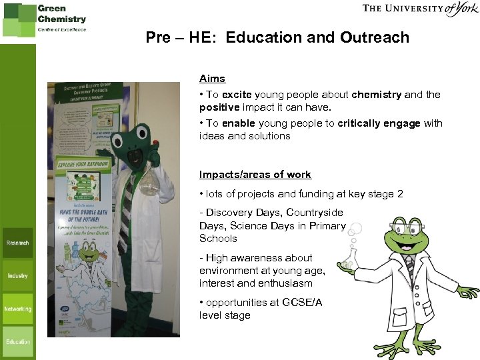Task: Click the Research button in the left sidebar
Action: [x=18, y=243]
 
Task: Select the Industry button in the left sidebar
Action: [x=18, y=275]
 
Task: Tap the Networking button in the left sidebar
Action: [x=18, y=309]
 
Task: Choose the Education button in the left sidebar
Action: [x=18, y=341]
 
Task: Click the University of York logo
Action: [x=421, y=9]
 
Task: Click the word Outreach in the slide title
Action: [x=375, y=37]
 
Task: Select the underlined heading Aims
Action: [x=212, y=79]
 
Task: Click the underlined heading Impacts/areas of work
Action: [x=255, y=175]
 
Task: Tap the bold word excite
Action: [x=237, y=95]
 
